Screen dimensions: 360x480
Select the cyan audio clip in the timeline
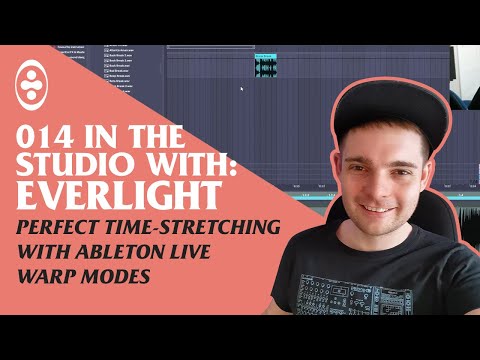tap(265, 65)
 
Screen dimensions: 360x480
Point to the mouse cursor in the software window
tap(241, 88)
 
